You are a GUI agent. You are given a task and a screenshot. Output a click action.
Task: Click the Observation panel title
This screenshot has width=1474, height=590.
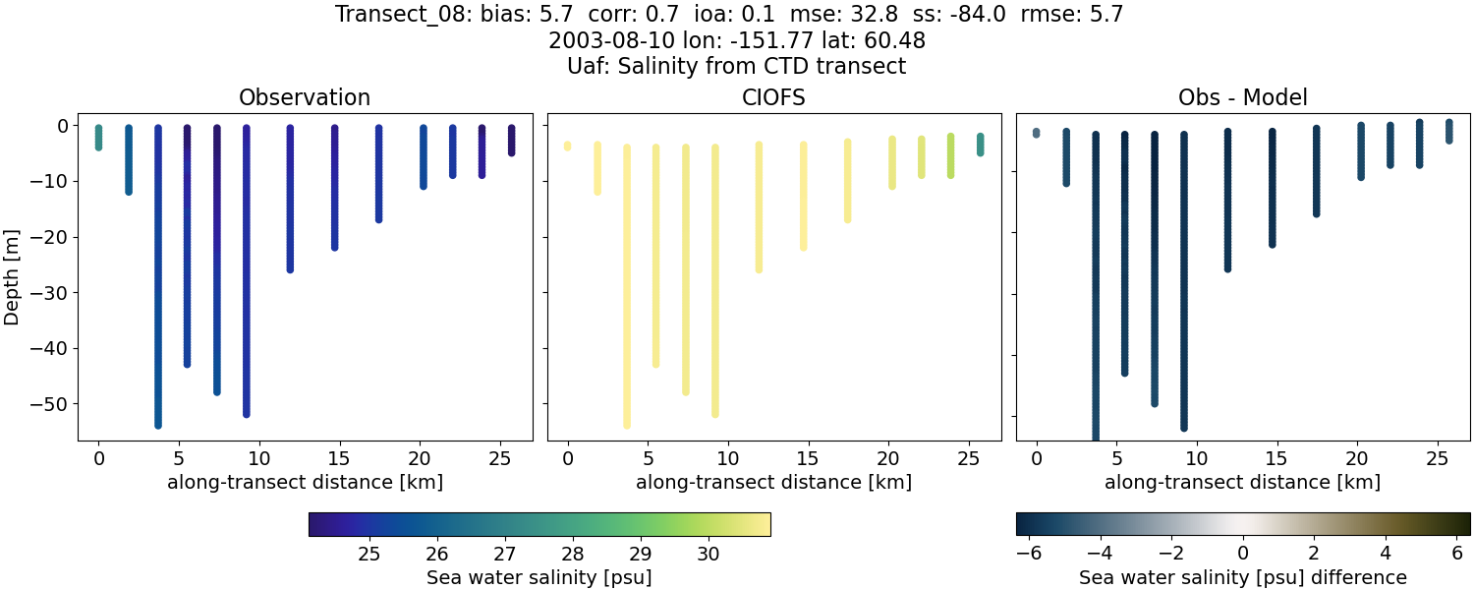coord(305,97)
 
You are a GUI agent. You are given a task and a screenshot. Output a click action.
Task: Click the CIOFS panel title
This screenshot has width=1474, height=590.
coord(773,97)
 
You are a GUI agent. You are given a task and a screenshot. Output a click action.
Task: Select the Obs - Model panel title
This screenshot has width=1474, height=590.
coord(1242,97)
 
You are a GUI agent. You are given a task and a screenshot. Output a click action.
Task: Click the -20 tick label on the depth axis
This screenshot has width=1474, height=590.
coord(55,237)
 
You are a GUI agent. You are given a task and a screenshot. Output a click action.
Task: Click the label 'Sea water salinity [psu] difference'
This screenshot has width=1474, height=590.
coord(1242,577)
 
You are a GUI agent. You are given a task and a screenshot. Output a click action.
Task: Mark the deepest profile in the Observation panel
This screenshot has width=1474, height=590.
coord(157,295)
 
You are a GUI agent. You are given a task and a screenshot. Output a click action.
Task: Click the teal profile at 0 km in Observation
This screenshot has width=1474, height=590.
coord(98,138)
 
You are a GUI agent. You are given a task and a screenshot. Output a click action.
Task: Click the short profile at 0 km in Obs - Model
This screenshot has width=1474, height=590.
coord(1036,133)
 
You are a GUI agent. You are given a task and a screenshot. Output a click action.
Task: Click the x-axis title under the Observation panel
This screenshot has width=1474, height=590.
coord(305,483)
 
